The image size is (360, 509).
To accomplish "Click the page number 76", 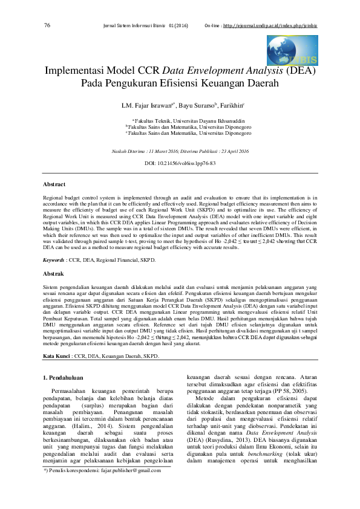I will pyautogui.click(x=47, y=25).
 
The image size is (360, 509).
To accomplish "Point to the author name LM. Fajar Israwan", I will pyautogui.click(x=148, y=106).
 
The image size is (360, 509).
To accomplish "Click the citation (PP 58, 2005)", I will pyautogui.click(x=289, y=392).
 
